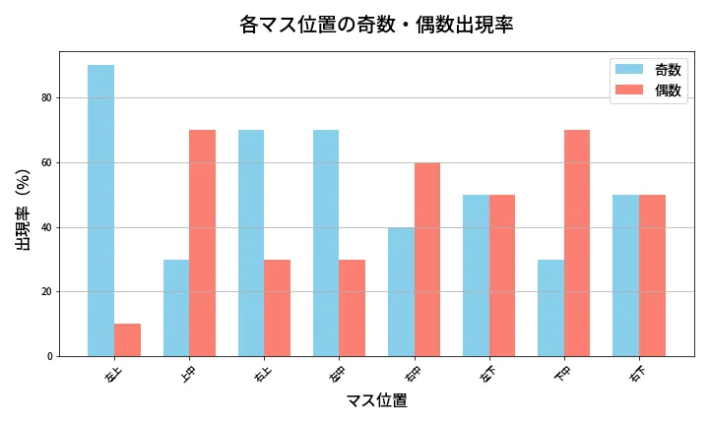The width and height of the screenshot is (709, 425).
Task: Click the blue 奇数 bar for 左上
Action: click(x=100, y=211)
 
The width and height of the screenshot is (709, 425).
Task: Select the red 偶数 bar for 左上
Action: click(x=127, y=339)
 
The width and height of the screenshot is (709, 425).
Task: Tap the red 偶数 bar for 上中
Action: click(x=202, y=243)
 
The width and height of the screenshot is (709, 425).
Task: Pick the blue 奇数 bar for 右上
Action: click(x=251, y=243)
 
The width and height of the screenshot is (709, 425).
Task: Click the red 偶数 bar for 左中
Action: click(x=352, y=308)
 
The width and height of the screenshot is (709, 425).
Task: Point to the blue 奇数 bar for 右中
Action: click(x=401, y=291)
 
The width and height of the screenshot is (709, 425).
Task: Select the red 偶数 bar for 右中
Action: click(x=426, y=259)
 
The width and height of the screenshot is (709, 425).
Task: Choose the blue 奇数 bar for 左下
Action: click(x=476, y=275)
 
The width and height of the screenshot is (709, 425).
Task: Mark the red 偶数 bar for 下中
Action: click(x=576, y=243)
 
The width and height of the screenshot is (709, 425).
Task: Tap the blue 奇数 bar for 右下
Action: click(x=625, y=275)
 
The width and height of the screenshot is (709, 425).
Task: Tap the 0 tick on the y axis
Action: click(x=48, y=356)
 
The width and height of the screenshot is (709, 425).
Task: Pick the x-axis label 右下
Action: click(x=638, y=373)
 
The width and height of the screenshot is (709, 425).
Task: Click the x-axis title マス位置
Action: click(x=376, y=401)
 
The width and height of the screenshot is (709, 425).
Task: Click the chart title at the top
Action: click(x=376, y=25)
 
